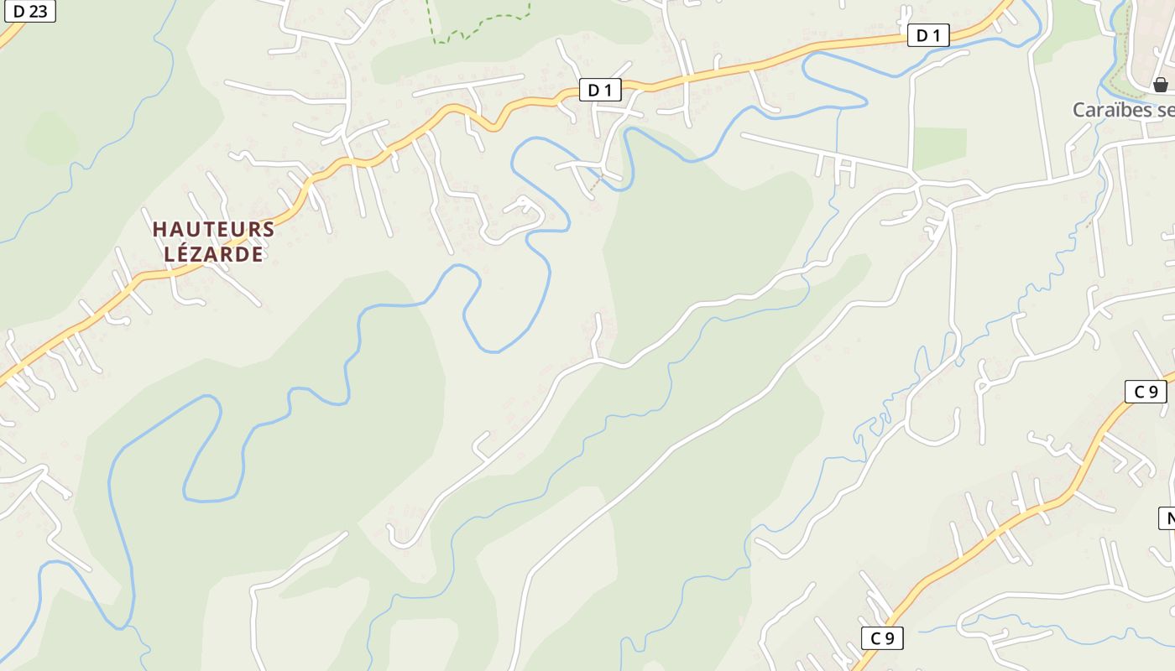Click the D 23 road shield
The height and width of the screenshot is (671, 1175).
tap(30, 11)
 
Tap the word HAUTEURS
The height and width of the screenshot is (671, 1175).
tap(213, 229)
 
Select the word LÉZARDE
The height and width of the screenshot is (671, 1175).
tap(213, 254)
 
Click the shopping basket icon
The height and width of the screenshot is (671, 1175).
tap(1160, 85)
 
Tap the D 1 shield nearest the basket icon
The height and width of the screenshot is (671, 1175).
tap(927, 35)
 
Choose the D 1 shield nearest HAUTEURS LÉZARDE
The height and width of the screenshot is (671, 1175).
tap(599, 91)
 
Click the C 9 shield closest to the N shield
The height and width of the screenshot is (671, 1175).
tap(1146, 392)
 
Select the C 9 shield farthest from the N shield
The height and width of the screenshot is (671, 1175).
tap(882, 638)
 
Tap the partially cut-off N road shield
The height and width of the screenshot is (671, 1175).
tap(1168, 518)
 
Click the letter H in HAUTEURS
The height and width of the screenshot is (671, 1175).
tap(159, 229)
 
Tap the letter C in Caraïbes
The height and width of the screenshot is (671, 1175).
tap(1079, 110)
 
